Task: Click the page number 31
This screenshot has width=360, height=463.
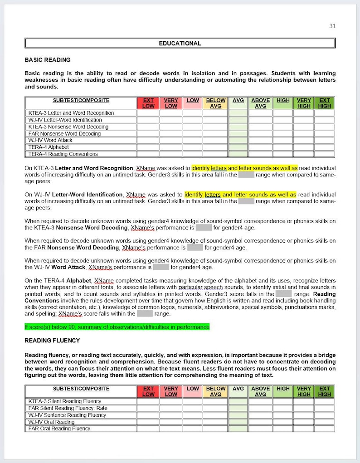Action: tap(332, 26)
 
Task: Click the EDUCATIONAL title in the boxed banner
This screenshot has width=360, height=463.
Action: tap(180, 44)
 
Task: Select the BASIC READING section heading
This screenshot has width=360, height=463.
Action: tap(47, 60)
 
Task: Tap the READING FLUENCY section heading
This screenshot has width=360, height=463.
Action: tap(52, 341)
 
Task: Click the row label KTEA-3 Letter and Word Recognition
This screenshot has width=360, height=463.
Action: tap(71, 113)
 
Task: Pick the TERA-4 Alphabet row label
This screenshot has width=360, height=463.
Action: tap(49, 147)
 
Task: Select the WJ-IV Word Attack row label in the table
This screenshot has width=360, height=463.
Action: tap(50, 141)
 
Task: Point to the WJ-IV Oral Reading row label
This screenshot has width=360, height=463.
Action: tap(51, 422)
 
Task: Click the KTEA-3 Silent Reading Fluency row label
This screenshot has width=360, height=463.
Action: tap(65, 401)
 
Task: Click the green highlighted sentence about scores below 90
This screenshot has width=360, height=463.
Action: tap(117, 327)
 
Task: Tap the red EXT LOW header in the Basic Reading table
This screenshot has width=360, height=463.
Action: tap(148, 103)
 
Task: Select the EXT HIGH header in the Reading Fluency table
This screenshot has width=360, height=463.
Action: tap(324, 391)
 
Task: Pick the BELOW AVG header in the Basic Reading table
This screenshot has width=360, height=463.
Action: tap(216, 103)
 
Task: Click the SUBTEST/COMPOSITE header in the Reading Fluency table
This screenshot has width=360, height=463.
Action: tap(81, 389)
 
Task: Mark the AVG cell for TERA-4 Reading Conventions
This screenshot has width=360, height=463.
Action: tap(238, 154)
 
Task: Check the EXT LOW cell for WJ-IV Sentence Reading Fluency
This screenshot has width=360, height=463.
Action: tap(148, 415)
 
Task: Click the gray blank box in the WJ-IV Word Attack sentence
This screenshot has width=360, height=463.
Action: tap(161, 267)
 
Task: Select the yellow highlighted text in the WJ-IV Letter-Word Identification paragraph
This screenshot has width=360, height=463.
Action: tap(240, 195)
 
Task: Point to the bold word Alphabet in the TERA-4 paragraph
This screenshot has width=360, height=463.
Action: tap(79, 281)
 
